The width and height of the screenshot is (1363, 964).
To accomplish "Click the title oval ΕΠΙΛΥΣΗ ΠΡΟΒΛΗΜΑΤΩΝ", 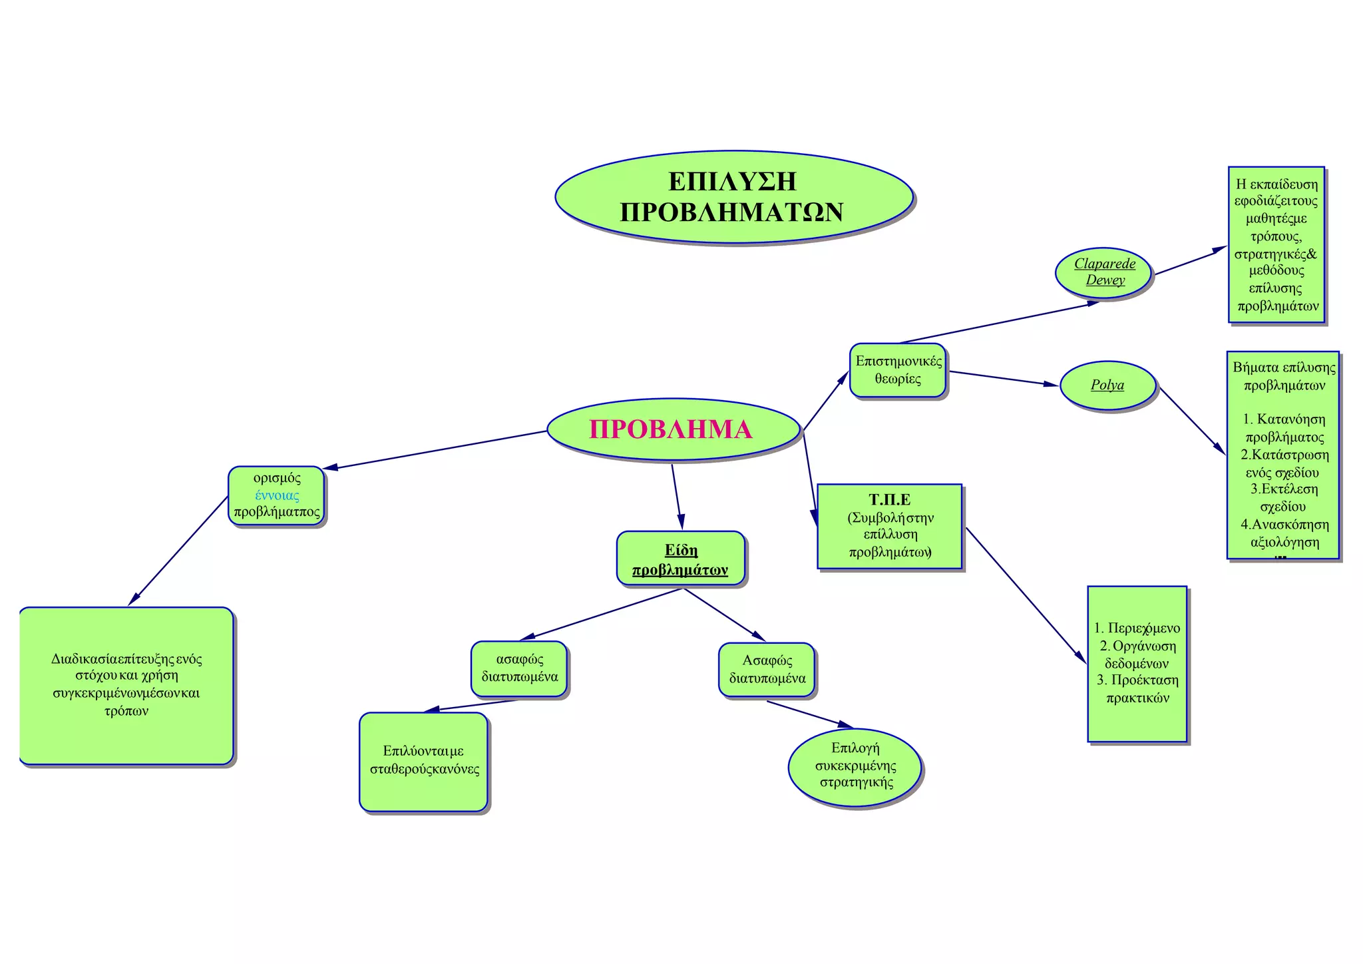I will coord(733,197).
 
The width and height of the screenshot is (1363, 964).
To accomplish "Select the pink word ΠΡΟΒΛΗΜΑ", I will coord(670,429).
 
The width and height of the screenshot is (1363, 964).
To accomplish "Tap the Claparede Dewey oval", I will coord(1104,272).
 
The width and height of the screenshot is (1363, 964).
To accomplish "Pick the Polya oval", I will coord(1107,385).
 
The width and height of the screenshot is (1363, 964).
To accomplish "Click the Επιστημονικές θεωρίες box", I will coord(898,370).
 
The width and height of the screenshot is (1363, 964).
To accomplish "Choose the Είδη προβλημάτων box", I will coord(680,559).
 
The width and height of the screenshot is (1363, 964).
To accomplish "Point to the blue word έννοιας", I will coord(277,495).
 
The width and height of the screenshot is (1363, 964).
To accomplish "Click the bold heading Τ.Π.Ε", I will coord(889,500).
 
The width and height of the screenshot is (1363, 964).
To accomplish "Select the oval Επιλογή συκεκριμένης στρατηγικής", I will coord(855,766).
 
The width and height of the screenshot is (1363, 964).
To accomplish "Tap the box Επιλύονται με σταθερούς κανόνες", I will coord(424,761).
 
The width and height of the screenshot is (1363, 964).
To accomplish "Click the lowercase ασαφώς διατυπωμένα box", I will coord(519,668).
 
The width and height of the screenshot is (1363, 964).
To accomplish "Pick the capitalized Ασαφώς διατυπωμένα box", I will coord(767,669).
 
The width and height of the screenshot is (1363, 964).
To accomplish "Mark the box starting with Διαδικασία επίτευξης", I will coord(126,685).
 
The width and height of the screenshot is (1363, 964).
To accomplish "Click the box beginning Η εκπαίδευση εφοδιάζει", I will coord(1276,245).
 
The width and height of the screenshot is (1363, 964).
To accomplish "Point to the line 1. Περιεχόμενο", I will coord(1137,628).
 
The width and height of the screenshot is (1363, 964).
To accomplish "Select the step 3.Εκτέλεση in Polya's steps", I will coord(1284,489).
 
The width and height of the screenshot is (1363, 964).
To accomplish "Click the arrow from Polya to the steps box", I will coord(1191,421).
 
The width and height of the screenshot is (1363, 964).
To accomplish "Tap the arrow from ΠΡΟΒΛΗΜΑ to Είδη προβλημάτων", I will coord(677,496).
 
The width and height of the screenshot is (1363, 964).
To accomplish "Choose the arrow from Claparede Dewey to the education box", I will coord(1190,261).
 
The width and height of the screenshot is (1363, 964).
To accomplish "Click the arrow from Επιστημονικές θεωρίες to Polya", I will coord(1002,378).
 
